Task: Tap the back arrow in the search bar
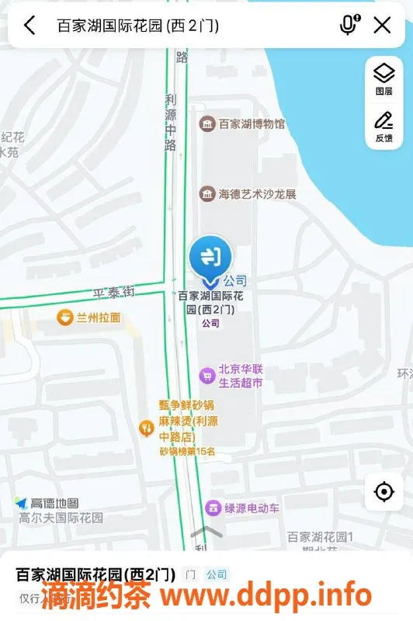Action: tap(29, 26)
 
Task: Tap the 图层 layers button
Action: tap(383, 79)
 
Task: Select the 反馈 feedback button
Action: tap(383, 127)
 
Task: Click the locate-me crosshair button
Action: tap(383, 491)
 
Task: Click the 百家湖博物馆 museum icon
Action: tap(207, 124)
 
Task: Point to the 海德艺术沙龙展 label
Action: tap(257, 193)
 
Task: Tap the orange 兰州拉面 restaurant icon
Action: tap(65, 317)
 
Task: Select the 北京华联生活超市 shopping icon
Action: tap(206, 376)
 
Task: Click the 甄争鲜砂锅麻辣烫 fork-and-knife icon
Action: tap(145, 427)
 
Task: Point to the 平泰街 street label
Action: tap(114, 293)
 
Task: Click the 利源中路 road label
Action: tap(171, 122)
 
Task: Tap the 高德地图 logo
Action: tap(47, 503)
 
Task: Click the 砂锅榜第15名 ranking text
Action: tap(187, 451)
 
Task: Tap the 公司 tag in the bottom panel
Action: tap(217, 574)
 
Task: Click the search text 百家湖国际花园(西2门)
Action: tap(138, 26)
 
